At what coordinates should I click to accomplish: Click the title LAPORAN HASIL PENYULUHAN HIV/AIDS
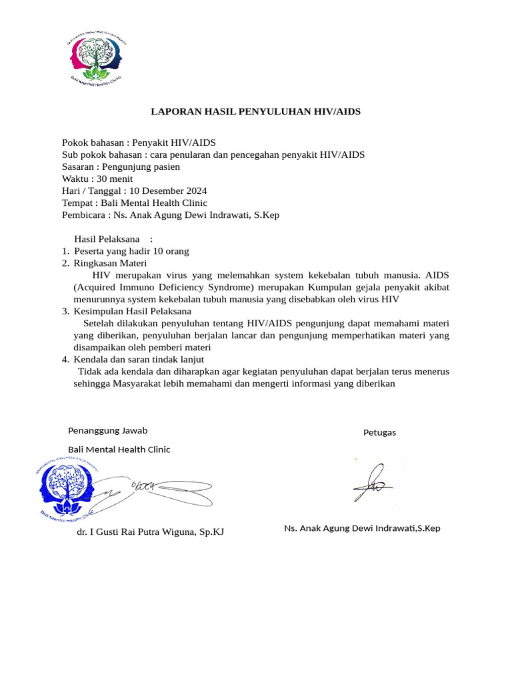256,112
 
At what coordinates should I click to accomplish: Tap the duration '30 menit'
115,178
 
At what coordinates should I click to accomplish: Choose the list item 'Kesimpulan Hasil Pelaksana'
133,311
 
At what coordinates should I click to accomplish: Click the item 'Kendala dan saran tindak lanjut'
139,359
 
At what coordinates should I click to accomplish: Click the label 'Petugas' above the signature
379,432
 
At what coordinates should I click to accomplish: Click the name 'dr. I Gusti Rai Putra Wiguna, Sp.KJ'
150,532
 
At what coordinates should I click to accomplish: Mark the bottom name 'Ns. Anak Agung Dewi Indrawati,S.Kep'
362,528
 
